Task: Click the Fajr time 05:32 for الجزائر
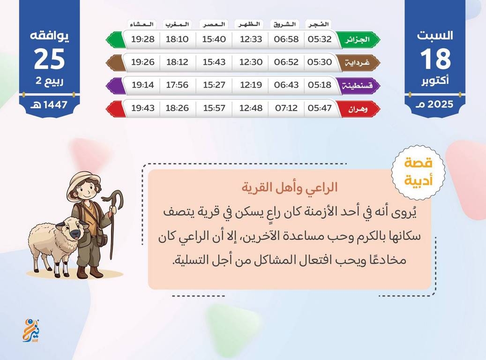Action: pyautogui.click(x=320, y=39)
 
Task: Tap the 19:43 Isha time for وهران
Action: pyautogui.click(x=142, y=108)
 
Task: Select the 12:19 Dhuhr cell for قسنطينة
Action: pyautogui.click(x=251, y=85)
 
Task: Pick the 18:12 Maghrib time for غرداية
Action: pyautogui.click(x=177, y=62)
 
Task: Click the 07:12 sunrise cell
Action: pyautogui.click(x=286, y=108)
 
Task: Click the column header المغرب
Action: pyautogui.click(x=177, y=24)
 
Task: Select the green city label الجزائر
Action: pyautogui.click(x=358, y=40)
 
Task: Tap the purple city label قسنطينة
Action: pyautogui.click(x=358, y=85)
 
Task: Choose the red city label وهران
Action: pyautogui.click(x=358, y=109)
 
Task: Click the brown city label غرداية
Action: pyautogui.click(x=358, y=63)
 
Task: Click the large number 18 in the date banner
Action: pyautogui.click(x=435, y=59)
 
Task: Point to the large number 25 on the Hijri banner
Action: pyautogui.click(x=49, y=59)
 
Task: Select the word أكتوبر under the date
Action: pyautogui.click(x=435, y=81)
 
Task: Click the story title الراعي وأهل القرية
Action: pyautogui.click(x=290, y=188)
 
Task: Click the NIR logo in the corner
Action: pyautogui.click(x=31, y=330)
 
